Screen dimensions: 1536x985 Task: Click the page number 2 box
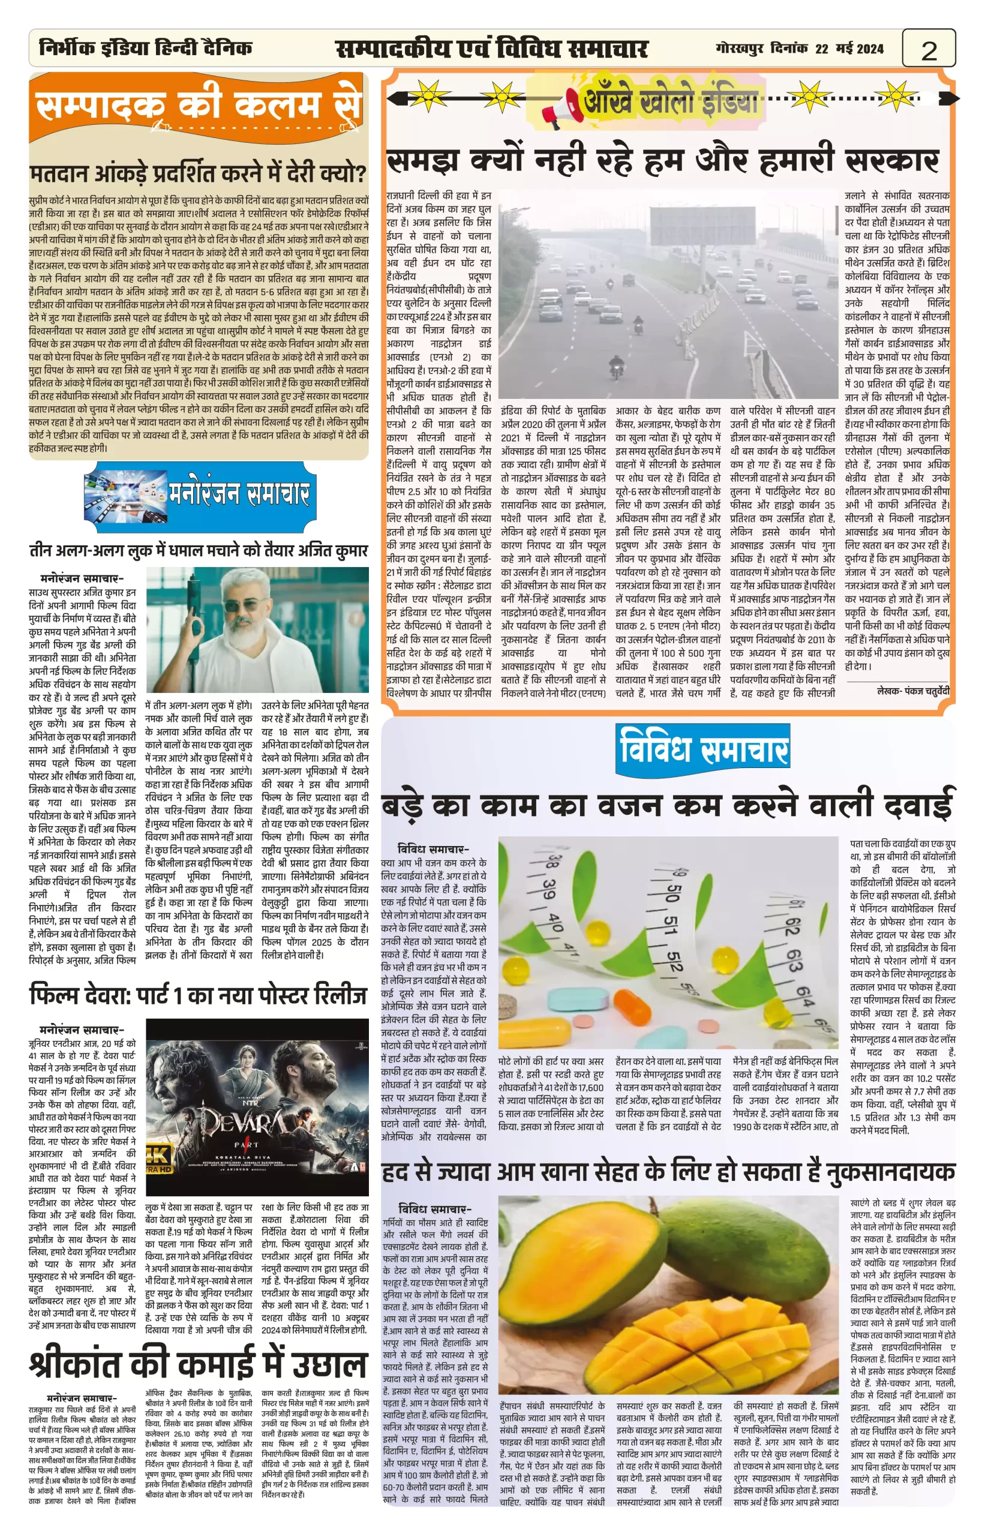pyautogui.click(x=929, y=49)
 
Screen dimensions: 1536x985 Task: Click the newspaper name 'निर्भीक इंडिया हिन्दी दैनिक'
pyautogui.click(x=145, y=48)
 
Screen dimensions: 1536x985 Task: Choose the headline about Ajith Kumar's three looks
pyautogui.click(x=199, y=551)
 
